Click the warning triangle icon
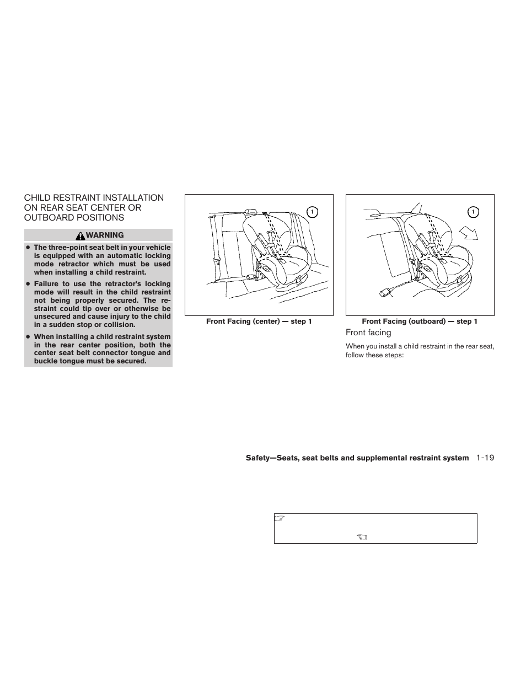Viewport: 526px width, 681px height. pos(80,235)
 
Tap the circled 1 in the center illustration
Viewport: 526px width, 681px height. pos(312,212)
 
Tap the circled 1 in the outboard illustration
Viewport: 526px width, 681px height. pos(473,212)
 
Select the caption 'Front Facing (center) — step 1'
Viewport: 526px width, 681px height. pos(259,321)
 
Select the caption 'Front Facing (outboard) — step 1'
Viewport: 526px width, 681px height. pos(420,321)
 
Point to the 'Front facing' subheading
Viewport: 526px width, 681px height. pos(368,333)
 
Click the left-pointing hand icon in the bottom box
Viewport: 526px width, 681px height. pos(362,536)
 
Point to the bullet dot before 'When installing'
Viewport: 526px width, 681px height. pos(27,337)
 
